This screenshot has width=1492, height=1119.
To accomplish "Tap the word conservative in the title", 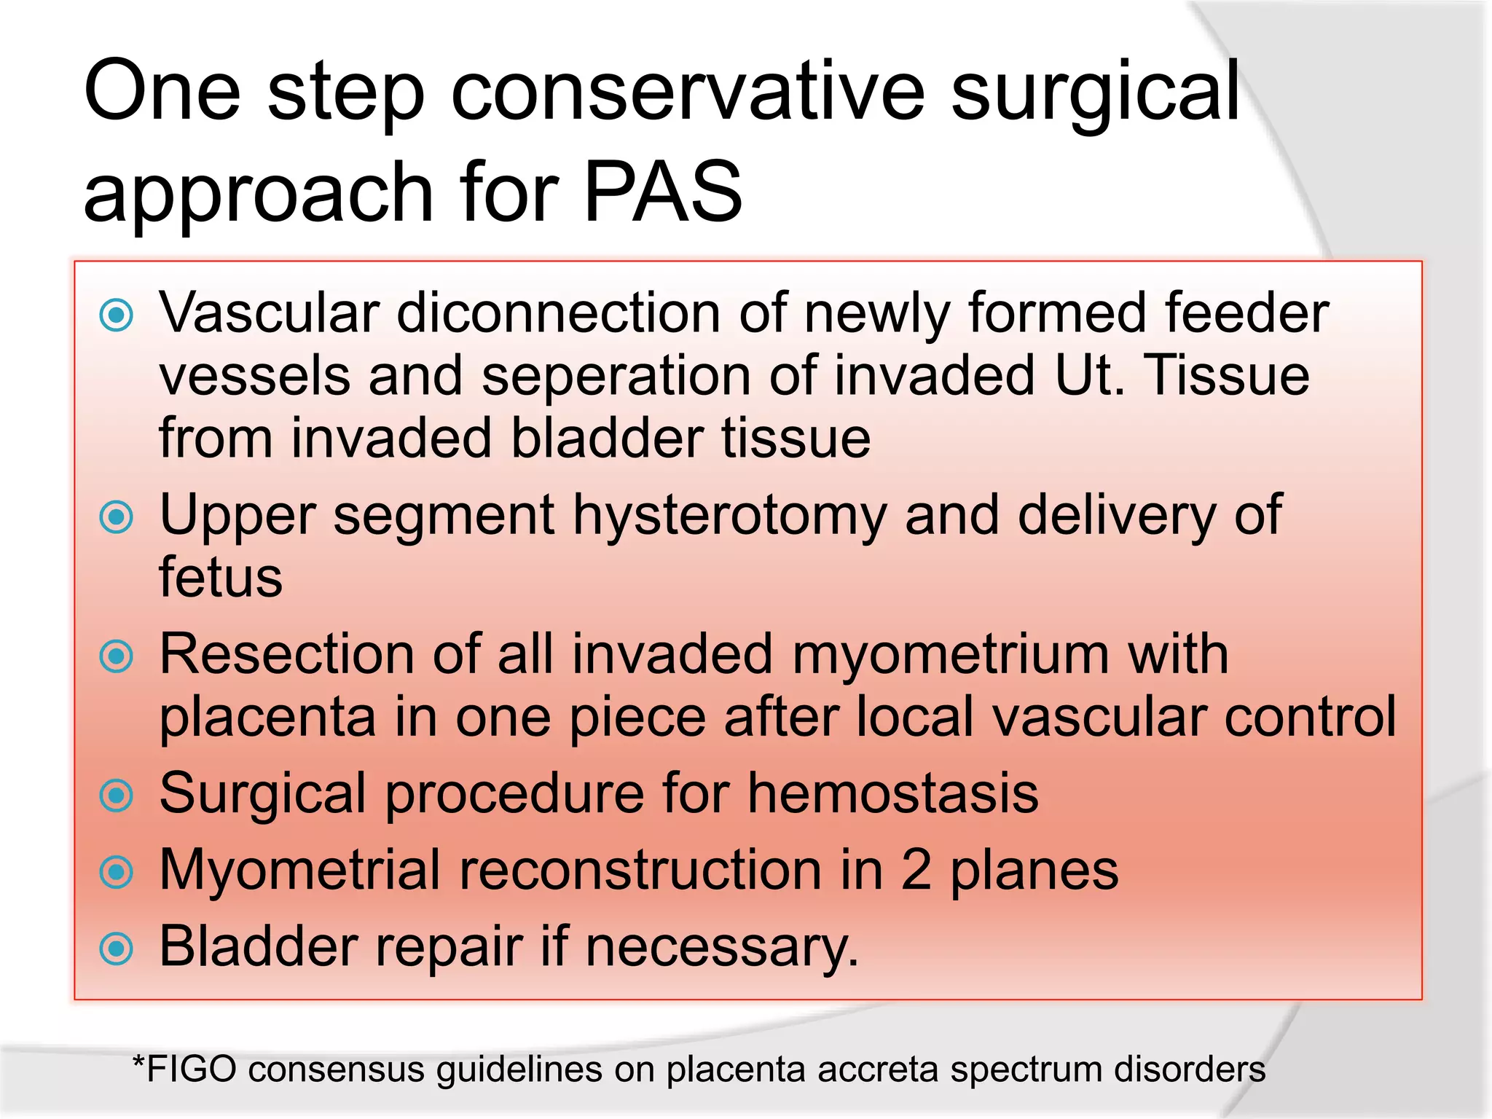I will (x=688, y=93).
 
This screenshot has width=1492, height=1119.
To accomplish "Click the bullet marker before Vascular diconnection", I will (x=117, y=315).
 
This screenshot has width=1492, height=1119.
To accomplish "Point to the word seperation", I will (x=616, y=377).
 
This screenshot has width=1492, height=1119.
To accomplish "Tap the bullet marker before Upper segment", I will (x=117, y=517).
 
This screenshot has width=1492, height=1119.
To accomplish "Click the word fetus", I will (x=221, y=577).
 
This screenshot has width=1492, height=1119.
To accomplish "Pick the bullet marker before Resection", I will (x=117, y=656).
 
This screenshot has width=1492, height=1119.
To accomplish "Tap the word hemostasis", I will (x=892, y=793).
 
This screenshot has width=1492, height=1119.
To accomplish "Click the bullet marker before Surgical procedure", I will (x=117, y=796).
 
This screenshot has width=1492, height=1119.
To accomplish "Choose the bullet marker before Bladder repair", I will (x=117, y=949).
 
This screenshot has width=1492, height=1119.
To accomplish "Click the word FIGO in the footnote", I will (x=192, y=1069).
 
